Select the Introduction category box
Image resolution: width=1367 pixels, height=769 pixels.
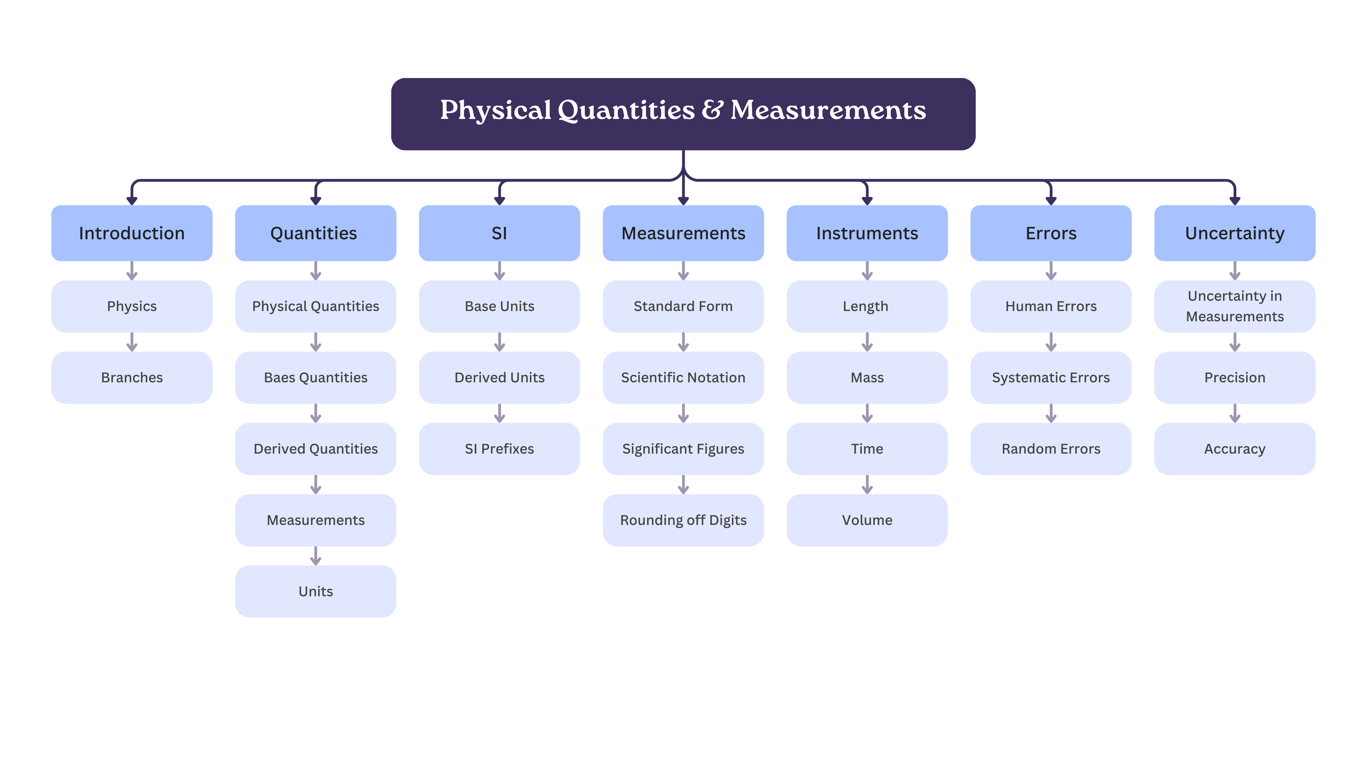click(132, 233)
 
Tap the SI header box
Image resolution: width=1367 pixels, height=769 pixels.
click(499, 233)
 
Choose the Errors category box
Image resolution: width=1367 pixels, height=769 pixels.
click(1051, 233)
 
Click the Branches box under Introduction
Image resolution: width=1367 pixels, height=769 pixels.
click(132, 377)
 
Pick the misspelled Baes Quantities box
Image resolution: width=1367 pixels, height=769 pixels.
click(316, 377)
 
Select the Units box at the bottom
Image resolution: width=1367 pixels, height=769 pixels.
click(316, 591)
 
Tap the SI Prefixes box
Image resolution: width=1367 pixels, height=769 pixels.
click(499, 448)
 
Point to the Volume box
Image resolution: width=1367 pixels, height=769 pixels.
click(867, 520)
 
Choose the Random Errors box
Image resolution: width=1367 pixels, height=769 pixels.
click(1051, 448)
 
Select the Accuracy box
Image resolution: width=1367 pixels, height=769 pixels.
click(1235, 448)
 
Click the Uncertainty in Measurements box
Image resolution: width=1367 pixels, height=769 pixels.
click(1235, 306)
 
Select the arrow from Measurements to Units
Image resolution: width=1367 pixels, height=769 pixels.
click(316, 556)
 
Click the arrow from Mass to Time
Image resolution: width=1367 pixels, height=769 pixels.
click(867, 413)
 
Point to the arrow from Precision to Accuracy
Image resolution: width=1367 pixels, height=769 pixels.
click(1235, 413)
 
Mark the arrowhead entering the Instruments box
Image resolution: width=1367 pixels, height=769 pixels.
click(867, 201)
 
